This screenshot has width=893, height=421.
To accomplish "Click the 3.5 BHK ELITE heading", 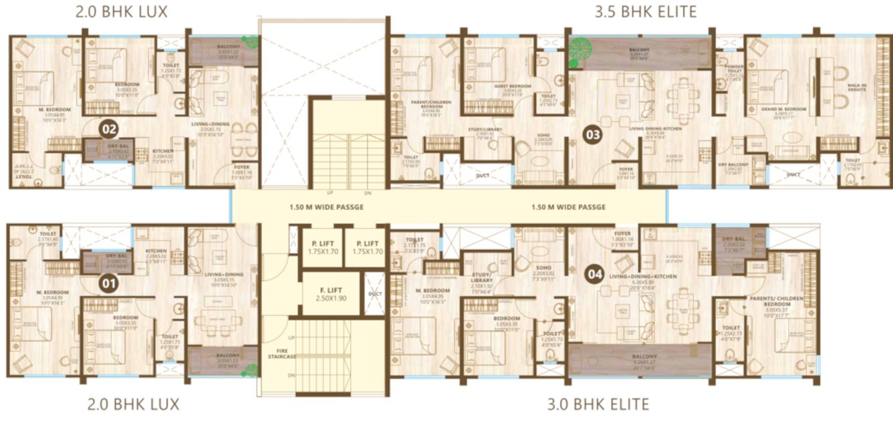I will [646, 11].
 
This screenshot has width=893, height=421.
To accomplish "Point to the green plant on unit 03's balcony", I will [580, 52].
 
